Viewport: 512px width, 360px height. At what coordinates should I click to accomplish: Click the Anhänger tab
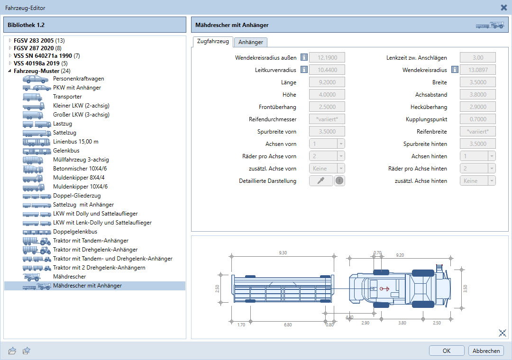click(250, 42)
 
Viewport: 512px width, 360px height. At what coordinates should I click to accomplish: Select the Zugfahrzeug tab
click(213, 42)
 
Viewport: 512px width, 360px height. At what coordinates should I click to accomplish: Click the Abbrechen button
click(486, 351)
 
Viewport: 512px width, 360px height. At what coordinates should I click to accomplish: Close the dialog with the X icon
click(504, 8)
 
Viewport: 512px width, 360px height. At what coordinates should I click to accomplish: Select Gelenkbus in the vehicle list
click(66, 151)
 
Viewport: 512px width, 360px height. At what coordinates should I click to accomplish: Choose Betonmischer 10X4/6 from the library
click(80, 169)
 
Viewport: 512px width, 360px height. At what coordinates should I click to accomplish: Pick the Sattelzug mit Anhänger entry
click(83, 205)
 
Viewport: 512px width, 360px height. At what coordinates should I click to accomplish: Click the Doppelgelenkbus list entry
click(75, 232)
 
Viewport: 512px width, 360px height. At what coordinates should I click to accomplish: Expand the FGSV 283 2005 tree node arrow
click(10, 40)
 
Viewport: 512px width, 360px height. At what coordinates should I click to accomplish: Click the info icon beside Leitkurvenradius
click(304, 70)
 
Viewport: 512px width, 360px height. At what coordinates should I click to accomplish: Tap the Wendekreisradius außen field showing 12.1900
click(327, 57)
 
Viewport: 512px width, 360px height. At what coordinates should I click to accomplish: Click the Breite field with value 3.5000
click(477, 82)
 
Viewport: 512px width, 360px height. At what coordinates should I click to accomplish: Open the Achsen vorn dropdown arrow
click(341, 144)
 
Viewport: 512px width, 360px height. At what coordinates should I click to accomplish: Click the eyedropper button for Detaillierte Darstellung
click(321, 180)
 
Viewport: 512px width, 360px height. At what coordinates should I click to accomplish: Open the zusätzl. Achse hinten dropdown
click(477, 181)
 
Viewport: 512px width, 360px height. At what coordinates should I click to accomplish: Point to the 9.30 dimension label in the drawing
click(283, 252)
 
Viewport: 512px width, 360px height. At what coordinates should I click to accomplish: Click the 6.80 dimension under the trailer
click(288, 324)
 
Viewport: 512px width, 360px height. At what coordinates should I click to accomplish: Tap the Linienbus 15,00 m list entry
click(76, 142)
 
